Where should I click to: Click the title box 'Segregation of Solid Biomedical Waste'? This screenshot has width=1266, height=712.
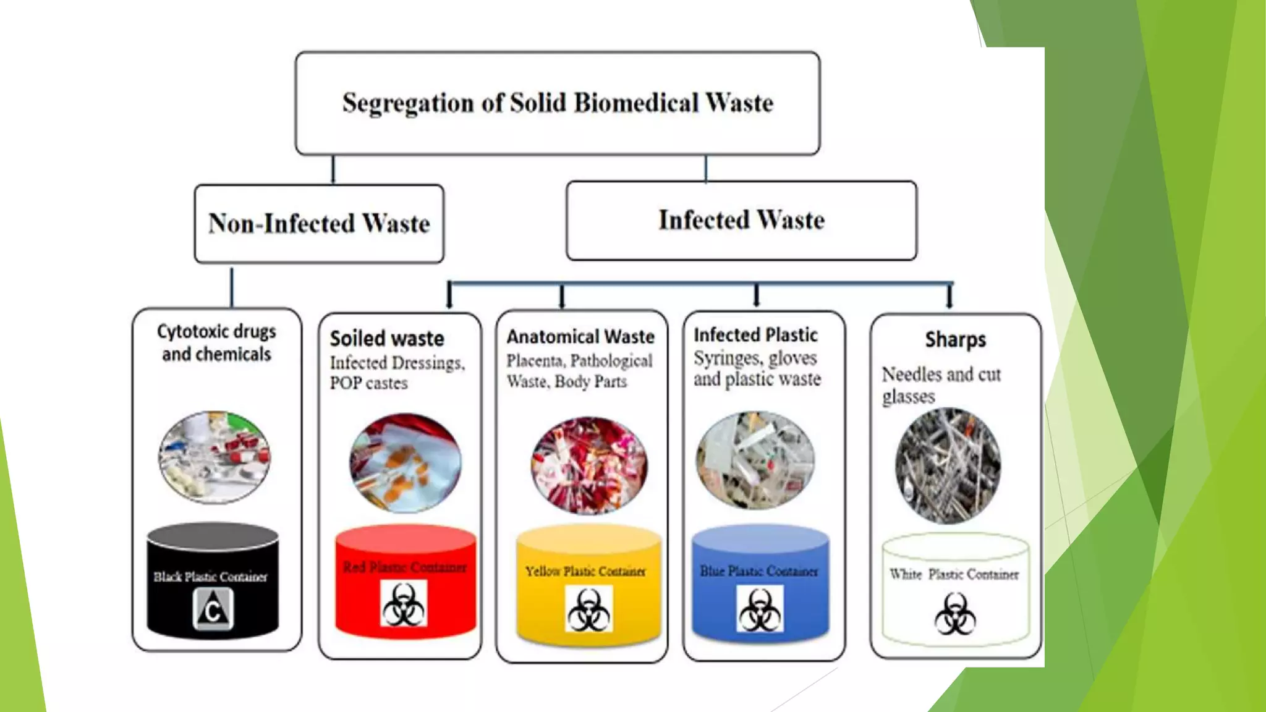[558, 103]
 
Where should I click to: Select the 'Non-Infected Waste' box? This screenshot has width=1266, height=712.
[319, 224]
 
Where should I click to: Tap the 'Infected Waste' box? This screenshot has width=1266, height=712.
[741, 221]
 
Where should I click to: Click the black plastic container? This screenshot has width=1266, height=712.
[213, 581]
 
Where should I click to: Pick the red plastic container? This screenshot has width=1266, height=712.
[406, 581]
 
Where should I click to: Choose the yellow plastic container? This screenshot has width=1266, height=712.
[588, 584]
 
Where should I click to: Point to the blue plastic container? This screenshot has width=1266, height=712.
[760, 584]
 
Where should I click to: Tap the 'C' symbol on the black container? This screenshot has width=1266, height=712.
[213, 609]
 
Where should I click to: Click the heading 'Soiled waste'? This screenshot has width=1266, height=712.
[387, 339]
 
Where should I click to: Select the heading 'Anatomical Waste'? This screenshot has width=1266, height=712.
[580, 337]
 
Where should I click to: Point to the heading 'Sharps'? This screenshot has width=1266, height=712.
[955, 340]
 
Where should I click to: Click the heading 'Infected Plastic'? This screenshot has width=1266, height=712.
[755, 335]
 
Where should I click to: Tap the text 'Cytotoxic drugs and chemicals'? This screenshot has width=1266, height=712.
[216, 343]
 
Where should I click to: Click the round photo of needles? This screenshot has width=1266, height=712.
[948, 465]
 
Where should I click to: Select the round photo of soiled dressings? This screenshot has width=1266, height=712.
[405, 463]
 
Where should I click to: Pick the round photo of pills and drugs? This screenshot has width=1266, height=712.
[214, 457]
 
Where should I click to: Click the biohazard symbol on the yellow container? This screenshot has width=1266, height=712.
[588, 610]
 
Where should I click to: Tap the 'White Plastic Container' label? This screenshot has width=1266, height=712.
[954, 575]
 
